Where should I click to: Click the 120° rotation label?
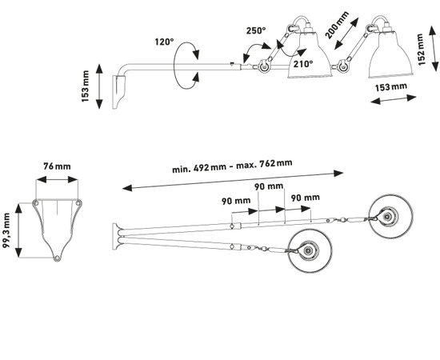165,42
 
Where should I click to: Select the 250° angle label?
256,30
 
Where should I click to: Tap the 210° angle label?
303,64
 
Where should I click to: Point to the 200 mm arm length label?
337,25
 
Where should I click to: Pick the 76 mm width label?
57,166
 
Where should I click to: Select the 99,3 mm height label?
6,230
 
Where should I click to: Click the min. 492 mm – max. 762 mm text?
232,166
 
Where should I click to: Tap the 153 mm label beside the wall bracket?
85,86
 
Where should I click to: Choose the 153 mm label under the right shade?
391,87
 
